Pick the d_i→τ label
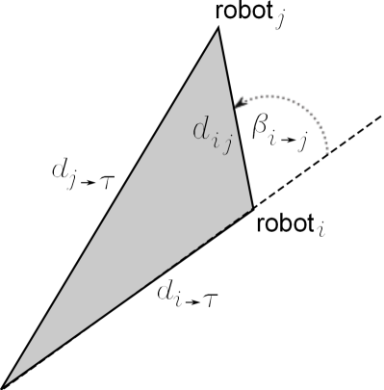[189, 299]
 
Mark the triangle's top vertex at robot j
[218, 28]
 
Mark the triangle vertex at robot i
[252, 208]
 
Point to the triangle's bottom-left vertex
[4, 384]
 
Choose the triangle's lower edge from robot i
[125, 298]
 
